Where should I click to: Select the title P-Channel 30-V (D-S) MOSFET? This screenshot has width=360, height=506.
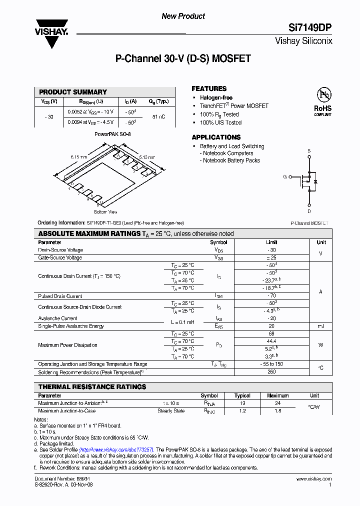pos(183,59)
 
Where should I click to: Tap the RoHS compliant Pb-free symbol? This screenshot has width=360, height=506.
pos(322,95)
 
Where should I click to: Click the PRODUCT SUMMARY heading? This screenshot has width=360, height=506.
pos(73,92)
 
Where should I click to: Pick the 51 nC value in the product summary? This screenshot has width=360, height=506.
pos(158,116)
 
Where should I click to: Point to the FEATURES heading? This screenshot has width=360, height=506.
pos(209,88)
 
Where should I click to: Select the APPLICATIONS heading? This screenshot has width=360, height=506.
pos(216,137)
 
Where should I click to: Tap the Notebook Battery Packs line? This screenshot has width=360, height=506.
pos(231,160)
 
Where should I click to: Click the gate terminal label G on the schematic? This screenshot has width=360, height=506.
pos(285,177)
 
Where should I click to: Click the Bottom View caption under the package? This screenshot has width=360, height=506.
pos(105,212)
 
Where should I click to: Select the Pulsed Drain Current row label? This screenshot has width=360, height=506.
pos(60,296)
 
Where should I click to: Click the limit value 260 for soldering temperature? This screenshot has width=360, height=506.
pos(272,372)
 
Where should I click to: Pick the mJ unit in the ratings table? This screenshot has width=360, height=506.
pos(320,326)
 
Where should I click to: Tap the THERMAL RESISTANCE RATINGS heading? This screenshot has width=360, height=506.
pos(92,386)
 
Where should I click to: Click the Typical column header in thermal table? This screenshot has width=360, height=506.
pos(242,395)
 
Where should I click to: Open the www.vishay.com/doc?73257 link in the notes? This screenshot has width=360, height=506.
pos(116,449)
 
